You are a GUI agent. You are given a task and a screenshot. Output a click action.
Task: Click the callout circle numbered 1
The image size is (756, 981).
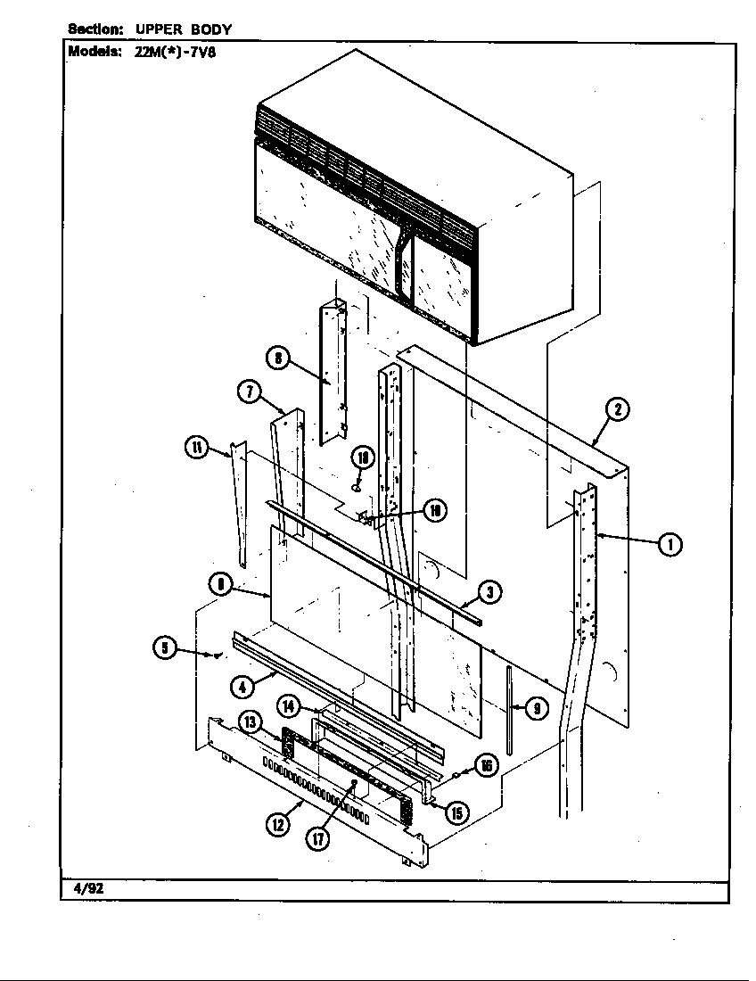(670, 542)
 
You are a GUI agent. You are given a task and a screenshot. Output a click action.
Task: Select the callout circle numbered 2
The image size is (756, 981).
(617, 410)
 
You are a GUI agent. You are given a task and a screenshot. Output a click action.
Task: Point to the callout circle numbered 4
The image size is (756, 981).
(242, 686)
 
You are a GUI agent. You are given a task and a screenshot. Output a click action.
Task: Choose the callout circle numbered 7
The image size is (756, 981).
(249, 392)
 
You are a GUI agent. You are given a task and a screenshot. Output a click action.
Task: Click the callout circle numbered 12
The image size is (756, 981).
(278, 825)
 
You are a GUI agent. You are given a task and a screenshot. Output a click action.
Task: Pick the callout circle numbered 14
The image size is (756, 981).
(289, 705)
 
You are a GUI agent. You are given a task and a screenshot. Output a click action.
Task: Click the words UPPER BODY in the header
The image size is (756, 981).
(183, 29)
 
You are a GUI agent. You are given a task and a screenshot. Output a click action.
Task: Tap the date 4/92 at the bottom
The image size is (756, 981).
(78, 889)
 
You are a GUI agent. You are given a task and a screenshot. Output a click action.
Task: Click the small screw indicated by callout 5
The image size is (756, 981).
(215, 655)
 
